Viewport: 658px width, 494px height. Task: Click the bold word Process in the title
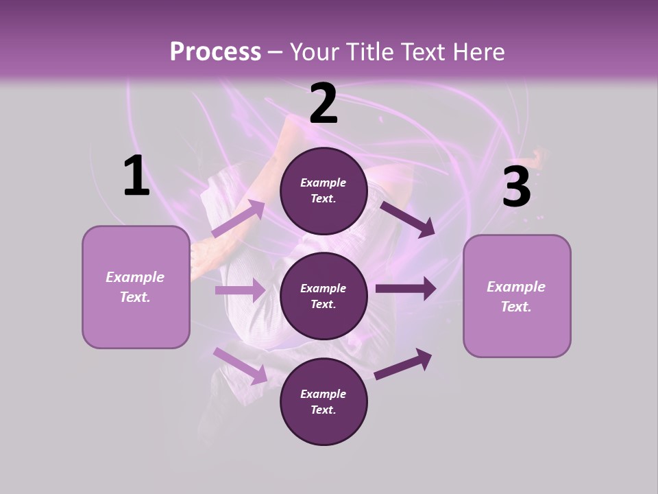click(215, 51)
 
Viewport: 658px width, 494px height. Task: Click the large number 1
click(136, 176)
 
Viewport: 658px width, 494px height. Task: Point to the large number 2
click(324, 104)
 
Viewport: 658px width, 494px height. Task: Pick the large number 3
click(516, 187)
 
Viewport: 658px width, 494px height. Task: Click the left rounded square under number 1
click(136, 287)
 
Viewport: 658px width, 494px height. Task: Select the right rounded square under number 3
click(517, 296)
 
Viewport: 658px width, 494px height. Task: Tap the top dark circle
click(324, 191)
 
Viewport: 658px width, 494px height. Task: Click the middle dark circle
click(324, 296)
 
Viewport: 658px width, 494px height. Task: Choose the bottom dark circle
click(324, 402)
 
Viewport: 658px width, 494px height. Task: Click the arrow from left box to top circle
click(239, 218)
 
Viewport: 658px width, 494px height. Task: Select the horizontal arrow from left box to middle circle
click(240, 290)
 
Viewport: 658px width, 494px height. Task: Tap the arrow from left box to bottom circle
click(240, 365)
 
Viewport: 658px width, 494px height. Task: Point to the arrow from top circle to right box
click(407, 218)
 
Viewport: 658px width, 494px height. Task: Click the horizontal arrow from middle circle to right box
click(405, 288)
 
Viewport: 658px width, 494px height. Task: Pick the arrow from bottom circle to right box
click(403, 364)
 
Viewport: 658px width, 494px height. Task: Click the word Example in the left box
click(135, 277)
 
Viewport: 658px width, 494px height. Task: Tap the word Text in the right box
click(515, 307)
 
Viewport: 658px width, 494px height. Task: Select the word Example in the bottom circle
click(324, 394)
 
